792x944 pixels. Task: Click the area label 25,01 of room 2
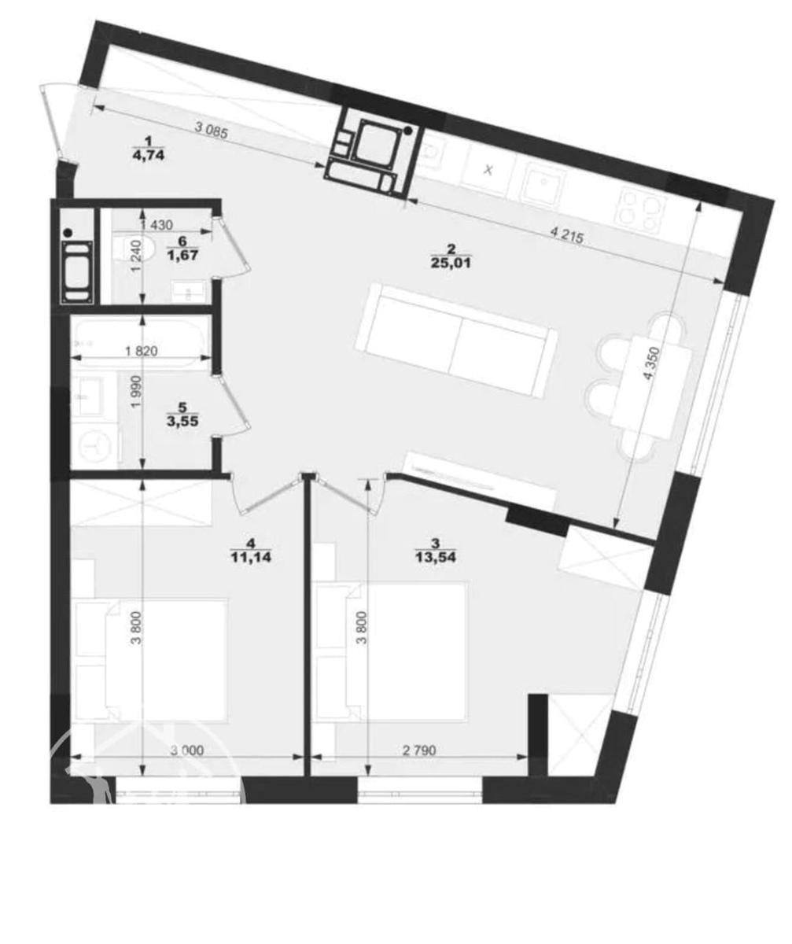click(x=451, y=263)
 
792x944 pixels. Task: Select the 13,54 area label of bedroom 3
click(x=436, y=557)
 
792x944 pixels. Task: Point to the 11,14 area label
click(x=251, y=557)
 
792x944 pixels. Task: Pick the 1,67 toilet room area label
click(x=182, y=256)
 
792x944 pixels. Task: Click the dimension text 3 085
click(x=211, y=131)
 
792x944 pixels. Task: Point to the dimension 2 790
click(x=419, y=750)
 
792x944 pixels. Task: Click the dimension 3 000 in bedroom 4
click(x=186, y=750)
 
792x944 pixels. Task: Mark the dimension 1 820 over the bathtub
click(x=141, y=350)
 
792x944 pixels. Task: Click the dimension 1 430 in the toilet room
click(x=157, y=224)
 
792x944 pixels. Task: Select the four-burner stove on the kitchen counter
click(x=643, y=210)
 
